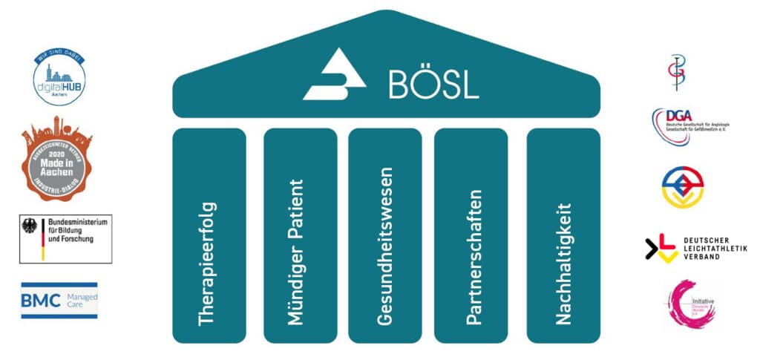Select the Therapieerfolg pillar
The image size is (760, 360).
[209, 235]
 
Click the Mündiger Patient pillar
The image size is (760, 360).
[295, 235]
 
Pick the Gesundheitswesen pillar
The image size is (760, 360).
[384, 235]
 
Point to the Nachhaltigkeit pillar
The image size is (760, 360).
[563, 235]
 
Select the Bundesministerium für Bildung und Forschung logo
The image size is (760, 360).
[65, 239]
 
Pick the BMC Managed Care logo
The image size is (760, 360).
[59, 300]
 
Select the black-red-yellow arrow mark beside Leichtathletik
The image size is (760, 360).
[661, 248]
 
